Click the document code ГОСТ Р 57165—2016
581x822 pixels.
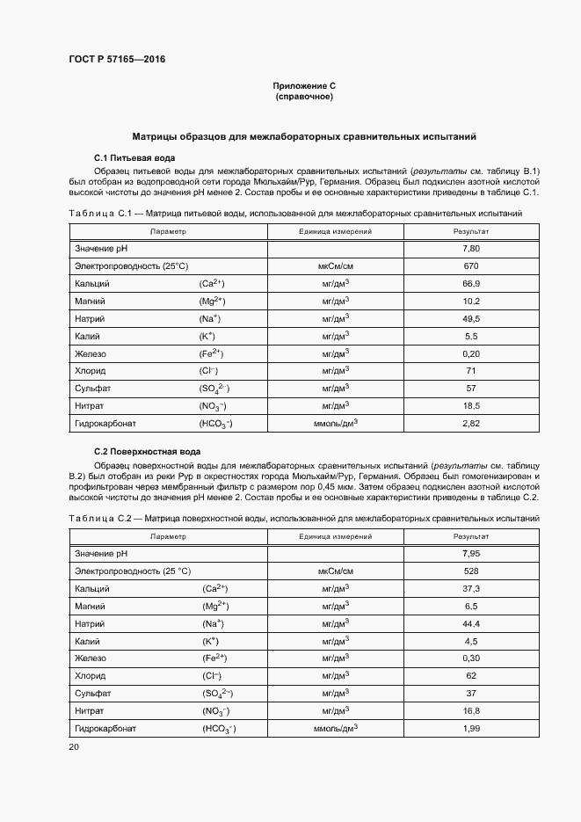point(117,60)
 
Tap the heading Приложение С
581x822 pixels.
point(304,86)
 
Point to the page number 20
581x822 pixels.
point(74,746)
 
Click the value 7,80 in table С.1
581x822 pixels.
point(471,249)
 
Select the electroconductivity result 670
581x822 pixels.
point(471,266)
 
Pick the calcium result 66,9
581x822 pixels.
point(471,284)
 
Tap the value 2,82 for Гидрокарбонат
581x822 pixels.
point(471,424)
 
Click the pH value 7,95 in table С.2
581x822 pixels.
point(471,554)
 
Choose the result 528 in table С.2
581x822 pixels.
point(471,571)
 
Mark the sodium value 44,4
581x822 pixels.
point(471,624)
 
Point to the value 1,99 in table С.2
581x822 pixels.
point(471,729)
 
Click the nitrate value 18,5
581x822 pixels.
point(471,406)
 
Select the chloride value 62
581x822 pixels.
point(471,676)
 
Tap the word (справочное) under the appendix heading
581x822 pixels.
point(304,97)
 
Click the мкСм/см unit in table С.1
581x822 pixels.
point(336,266)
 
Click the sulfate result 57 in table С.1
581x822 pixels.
point(471,389)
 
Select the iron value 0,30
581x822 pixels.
point(471,658)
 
